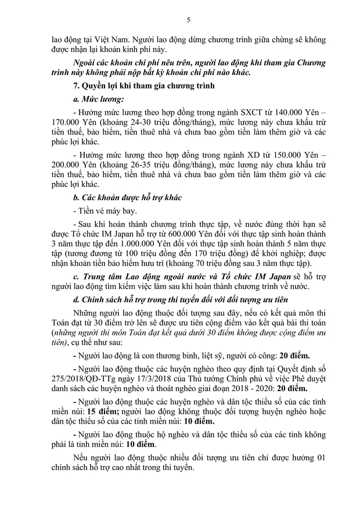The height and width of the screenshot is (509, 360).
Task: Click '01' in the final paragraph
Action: (320, 457)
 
